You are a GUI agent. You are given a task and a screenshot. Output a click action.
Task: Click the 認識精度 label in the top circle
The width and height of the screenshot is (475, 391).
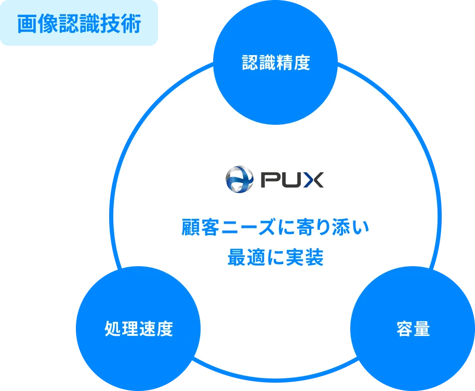click(x=276, y=63)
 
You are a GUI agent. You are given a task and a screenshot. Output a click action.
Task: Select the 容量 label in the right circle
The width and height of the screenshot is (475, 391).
click(x=413, y=329)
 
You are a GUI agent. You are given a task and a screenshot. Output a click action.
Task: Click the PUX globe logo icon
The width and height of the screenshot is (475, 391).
click(x=239, y=179)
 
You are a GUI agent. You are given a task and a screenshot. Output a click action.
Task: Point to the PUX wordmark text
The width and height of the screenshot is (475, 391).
click(x=292, y=180)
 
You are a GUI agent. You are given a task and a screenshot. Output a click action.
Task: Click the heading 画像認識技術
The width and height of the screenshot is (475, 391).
click(x=79, y=24)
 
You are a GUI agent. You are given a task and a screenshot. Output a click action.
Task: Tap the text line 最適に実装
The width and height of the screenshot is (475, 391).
click(x=275, y=257)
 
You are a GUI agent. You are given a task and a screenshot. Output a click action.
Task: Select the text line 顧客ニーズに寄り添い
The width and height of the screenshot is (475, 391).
click(x=275, y=228)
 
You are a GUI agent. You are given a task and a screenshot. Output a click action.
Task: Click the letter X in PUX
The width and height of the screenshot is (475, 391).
click(x=313, y=180)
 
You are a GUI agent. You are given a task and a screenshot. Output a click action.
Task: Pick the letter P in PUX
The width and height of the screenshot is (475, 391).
click(x=269, y=180)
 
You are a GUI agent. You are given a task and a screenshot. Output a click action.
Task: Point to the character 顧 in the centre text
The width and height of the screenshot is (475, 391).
click(x=191, y=228)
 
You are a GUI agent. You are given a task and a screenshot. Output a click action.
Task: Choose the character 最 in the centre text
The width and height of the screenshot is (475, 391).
click(x=236, y=257)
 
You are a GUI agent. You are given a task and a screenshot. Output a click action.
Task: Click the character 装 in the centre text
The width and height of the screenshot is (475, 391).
click(x=314, y=257)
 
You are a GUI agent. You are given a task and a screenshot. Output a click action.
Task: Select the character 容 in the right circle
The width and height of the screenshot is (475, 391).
click(x=405, y=329)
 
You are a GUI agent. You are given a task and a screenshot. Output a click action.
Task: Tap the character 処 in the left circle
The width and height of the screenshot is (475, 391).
click(x=113, y=329)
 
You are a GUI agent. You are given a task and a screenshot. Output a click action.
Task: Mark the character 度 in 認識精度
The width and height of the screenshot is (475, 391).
click(x=301, y=63)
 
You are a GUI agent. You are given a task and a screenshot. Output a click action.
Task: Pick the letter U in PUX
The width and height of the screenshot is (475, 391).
click(x=291, y=180)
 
